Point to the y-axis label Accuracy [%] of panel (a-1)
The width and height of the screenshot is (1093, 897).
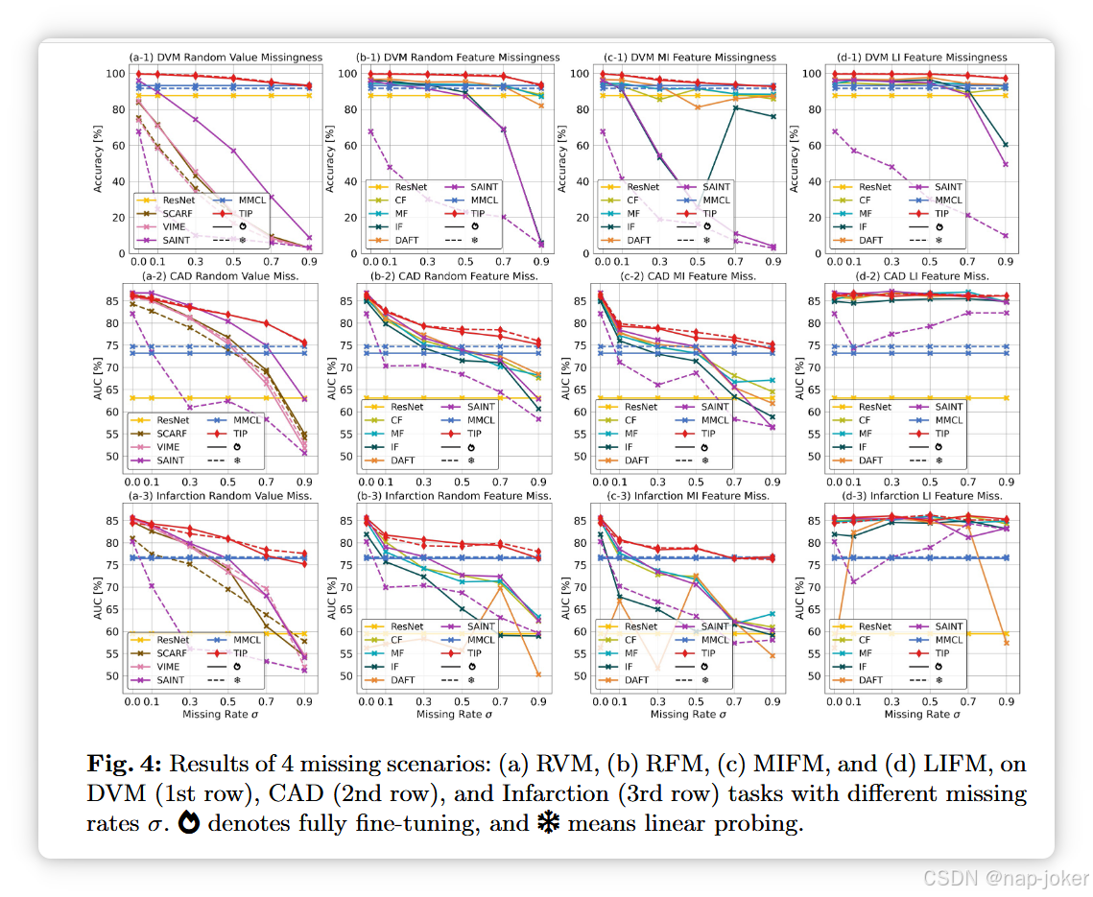coord(98,157)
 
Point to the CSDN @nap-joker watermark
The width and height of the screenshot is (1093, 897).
coord(1005,877)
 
